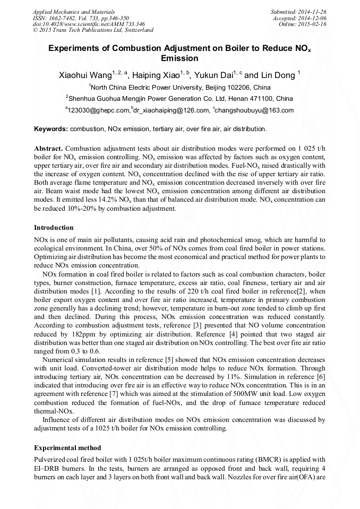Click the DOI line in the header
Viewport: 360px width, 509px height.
pos(81,24)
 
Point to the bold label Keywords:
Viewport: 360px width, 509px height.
pos(51,129)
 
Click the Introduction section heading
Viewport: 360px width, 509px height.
pos(54,228)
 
